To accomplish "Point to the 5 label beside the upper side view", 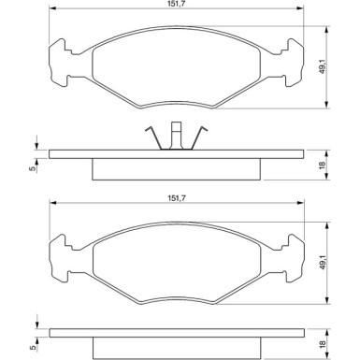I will (x=31, y=168).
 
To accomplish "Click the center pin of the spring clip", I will (x=176, y=136).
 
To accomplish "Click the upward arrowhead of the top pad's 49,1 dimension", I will (x=327, y=28).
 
